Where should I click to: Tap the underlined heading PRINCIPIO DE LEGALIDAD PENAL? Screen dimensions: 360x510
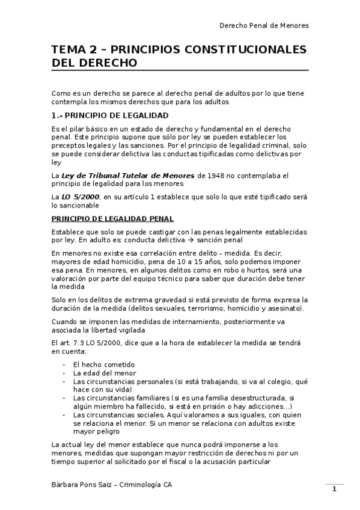tap(113, 218)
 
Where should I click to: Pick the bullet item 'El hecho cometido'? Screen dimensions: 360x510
tap(103, 364)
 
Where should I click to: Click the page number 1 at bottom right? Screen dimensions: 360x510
tap(334, 489)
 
